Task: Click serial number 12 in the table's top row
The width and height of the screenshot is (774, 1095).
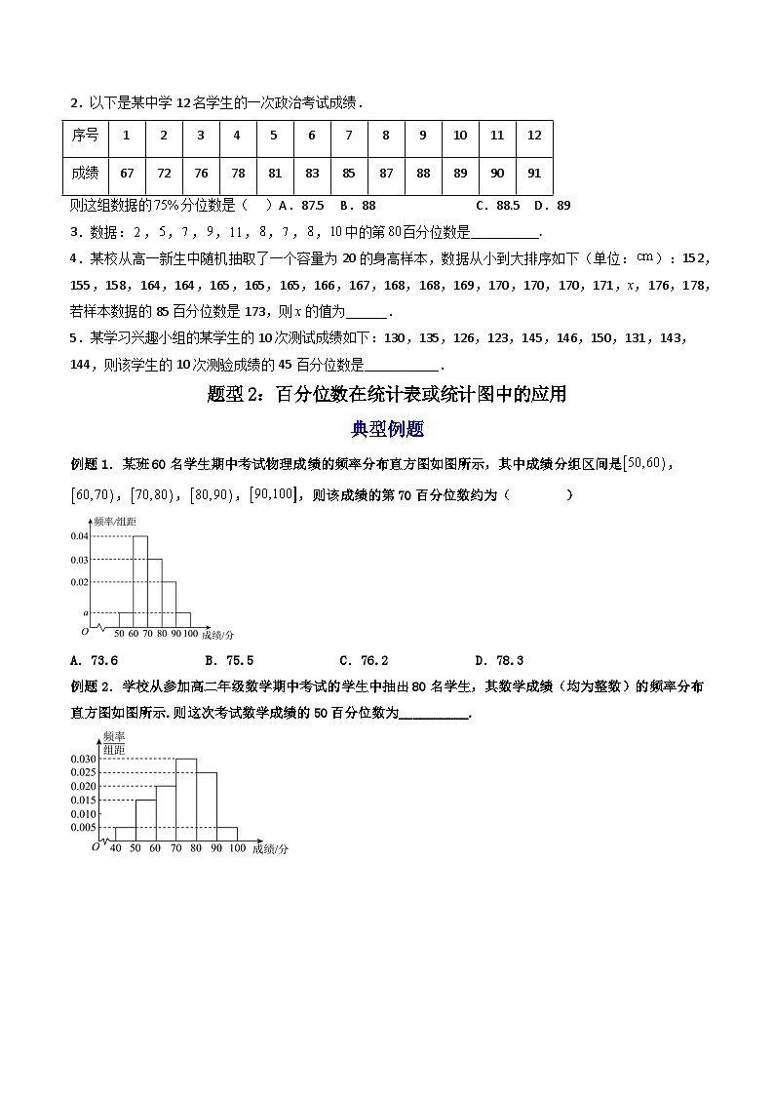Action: coord(533,136)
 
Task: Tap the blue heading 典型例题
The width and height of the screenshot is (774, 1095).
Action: coord(387,428)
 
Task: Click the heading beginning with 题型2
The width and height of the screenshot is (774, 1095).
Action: coord(387,395)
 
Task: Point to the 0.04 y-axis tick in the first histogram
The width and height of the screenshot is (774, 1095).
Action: coord(80,536)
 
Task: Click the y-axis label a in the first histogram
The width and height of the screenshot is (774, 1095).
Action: coord(86,612)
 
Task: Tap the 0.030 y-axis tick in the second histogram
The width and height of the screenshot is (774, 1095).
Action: coord(84,759)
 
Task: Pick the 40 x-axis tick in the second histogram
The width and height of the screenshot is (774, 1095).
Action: coord(115,849)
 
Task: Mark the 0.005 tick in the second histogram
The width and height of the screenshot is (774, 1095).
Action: coord(84,827)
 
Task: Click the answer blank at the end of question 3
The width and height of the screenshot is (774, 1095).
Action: coord(504,233)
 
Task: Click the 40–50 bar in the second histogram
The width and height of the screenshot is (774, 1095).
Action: coord(125,833)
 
